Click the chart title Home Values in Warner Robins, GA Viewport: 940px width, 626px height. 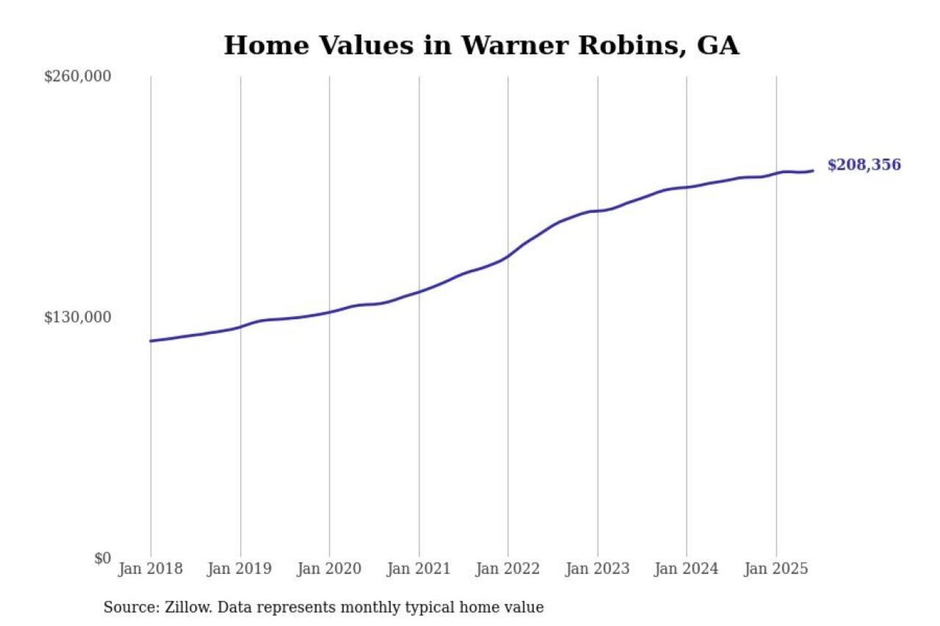point(481,46)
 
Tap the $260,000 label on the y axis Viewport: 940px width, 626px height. point(78,76)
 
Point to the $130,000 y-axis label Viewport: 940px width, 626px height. point(78,317)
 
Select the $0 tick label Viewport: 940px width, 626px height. point(102,558)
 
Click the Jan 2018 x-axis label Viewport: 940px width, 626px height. point(150,569)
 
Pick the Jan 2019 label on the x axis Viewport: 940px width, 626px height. point(240,569)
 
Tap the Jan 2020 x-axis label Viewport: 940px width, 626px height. point(329,569)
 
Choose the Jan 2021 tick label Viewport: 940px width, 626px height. point(418,569)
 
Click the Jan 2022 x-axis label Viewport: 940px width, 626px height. point(508,569)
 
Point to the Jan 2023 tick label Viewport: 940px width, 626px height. point(597,569)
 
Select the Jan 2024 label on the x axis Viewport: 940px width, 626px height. point(686,569)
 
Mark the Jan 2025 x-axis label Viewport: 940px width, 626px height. point(776,569)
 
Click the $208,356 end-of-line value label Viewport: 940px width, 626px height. point(864,165)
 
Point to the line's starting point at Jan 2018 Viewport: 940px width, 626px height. point(151,341)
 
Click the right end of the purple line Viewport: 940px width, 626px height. point(813,171)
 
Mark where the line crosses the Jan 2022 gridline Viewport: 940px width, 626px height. point(508,256)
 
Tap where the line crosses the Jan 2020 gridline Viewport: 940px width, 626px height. point(330,312)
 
